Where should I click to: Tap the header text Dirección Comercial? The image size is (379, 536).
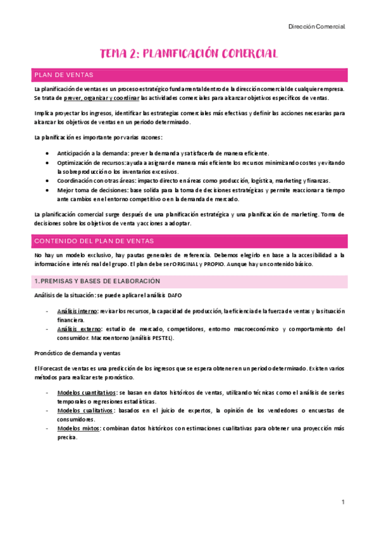(316, 27)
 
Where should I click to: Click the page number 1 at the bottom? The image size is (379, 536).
(342, 502)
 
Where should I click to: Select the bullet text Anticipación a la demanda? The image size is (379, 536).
(92, 154)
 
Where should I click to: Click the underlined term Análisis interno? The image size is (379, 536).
(77, 312)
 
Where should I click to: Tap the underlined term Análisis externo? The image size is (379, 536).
(77, 329)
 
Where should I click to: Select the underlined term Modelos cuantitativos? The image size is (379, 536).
(86, 393)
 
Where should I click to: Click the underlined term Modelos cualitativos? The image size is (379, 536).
(85, 410)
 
